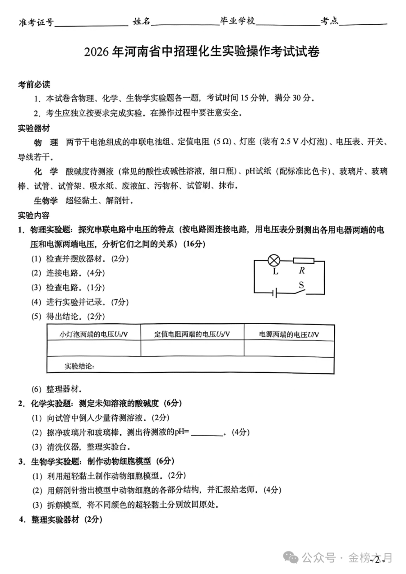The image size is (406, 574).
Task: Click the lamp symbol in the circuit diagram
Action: point(274,260)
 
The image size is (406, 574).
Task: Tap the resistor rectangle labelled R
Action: point(303,260)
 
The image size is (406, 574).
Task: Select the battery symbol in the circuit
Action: point(274,294)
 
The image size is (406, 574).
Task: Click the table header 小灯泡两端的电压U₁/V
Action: point(94,334)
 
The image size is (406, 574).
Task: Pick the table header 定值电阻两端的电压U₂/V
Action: point(192,334)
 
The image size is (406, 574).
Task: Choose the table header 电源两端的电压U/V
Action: point(289,334)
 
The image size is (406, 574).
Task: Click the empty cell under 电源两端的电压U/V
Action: point(289,348)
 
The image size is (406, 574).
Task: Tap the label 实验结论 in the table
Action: point(79,366)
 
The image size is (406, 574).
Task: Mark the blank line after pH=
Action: point(207,433)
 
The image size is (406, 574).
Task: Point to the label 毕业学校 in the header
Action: point(237,21)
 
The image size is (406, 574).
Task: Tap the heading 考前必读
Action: point(34,85)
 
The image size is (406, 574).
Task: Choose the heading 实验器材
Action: point(34,129)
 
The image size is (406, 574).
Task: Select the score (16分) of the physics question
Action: point(194,244)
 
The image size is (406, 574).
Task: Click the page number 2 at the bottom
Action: point(377,560)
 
